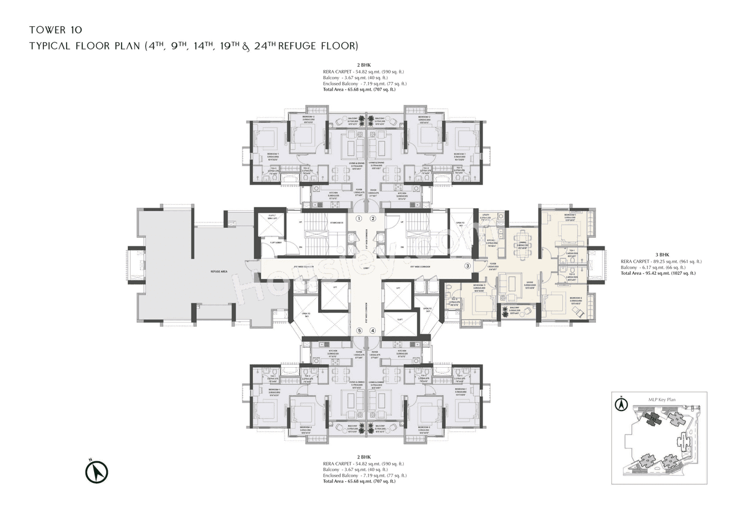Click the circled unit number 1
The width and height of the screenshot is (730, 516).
(x=359, y=218)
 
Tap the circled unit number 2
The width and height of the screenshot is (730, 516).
(x=373, y=218)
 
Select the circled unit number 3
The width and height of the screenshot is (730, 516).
(x=468, y=265)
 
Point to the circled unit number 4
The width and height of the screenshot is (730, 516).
(x=373, y=330)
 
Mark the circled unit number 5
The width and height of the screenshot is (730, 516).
(x=359, y=330)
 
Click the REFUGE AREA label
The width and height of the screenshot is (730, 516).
(x=219, y=271)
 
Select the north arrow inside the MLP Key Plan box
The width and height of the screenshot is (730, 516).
(x=621, y=404)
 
